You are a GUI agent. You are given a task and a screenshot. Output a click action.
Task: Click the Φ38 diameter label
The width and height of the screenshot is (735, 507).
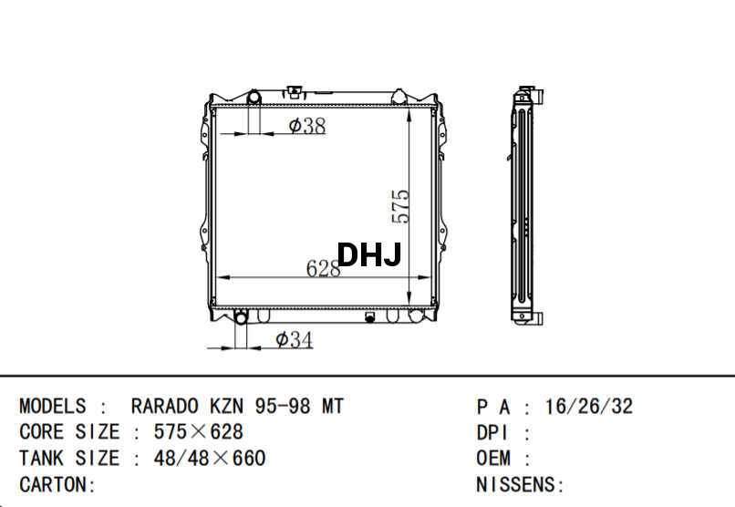tap(307, 126)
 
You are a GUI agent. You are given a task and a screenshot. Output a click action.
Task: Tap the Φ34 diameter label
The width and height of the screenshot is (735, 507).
tap(294, 340)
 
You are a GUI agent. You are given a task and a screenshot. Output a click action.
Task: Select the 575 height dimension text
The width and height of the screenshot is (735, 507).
tap(400, 207)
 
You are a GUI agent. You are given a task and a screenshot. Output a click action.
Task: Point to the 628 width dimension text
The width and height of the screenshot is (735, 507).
tap(323, 268)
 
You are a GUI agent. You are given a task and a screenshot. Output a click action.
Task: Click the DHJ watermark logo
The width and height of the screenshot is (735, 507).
tap(369, 255)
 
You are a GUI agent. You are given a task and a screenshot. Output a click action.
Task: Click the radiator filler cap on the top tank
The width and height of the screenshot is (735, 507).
tap(295, 91)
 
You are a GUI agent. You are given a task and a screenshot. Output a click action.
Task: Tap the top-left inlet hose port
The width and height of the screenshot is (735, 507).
tap(254, 97)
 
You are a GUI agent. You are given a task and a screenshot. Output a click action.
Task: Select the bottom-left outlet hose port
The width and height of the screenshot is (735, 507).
tap(241, 317)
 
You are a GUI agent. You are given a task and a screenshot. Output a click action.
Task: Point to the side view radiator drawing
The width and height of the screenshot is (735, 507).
tap(526, 205)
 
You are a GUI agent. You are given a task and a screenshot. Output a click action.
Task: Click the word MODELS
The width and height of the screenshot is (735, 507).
tap(53, 406)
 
